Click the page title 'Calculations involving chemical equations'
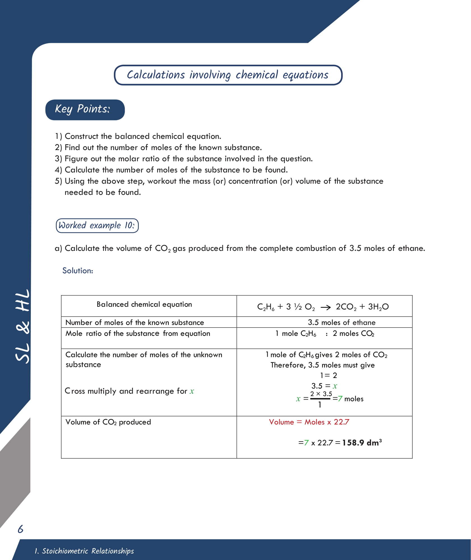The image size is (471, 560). (228, 75)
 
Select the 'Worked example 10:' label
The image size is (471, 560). (97, 225)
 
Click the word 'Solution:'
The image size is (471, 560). (78, 270)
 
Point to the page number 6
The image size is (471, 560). (20, 529)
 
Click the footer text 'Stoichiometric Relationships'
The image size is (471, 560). (87, 551)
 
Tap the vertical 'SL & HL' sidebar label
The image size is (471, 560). (22, 326)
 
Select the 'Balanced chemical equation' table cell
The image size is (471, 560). (144, 304)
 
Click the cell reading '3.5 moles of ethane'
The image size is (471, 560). (341, 322)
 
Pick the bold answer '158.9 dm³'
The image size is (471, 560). (362, 443)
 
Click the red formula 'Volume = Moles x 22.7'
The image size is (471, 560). (309, 422)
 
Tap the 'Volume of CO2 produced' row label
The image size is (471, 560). (108, 422)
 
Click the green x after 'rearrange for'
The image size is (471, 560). (192, 391)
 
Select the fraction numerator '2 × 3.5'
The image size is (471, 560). (321, 394)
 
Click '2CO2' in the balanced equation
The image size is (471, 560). (346, 307)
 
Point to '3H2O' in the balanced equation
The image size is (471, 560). (378, 307)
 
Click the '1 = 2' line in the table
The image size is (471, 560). (328, 375)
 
